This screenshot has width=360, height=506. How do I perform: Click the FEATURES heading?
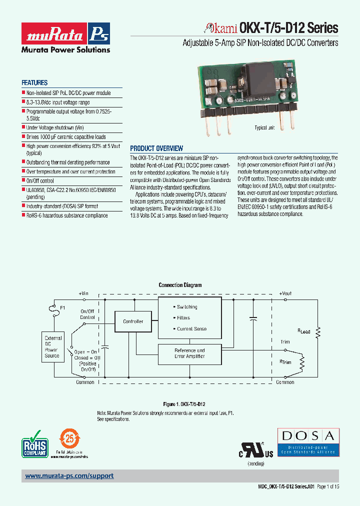[34, 83]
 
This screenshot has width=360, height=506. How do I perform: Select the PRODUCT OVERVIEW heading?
[156, 148]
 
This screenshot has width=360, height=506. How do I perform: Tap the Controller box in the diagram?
[133, 321]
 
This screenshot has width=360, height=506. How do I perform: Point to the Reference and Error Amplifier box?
[189, 353]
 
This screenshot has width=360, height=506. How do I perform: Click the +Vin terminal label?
[83, 293]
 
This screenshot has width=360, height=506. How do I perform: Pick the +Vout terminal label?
[285, 293]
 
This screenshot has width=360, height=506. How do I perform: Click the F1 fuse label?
[62, 307]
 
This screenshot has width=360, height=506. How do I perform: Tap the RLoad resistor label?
[304, 331]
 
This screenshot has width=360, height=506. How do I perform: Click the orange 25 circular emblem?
[69, 438]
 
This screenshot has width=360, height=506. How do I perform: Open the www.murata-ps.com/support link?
[69, 476]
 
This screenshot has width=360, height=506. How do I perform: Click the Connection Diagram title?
[180, 285]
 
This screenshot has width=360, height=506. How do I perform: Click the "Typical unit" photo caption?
[264, 128]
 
